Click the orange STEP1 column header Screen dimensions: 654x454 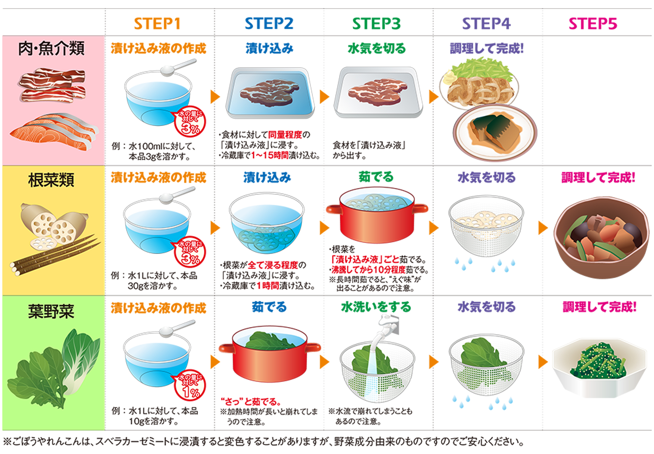pyautogui.click(x=157, y=24)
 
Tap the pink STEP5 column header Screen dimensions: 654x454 pyautogui.click(x=593, y=24)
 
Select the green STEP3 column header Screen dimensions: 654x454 pyautogui.click(x=376, y=24)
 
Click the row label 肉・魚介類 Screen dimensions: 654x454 pyautogui.click(x=51, y=48)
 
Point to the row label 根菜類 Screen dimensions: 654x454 pyautogui.click(x=51, y=180)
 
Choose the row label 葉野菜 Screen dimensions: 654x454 pyautogui.click(x=51, y=311)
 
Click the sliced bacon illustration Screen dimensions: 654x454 pyautogui.click(x=52, y=85)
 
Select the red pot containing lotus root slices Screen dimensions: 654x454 pyautogui.click(x=377, y=214)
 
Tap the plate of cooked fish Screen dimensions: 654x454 pyautogui.click(x=495, y=133)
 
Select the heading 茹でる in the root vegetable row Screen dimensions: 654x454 pyautogui.click(x=376, y=177)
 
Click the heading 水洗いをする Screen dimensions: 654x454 pyautogui.click(x=376, y=307)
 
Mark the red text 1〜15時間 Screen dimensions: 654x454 pyautogui.click(x=270, y=155)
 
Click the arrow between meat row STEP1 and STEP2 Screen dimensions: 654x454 pyautogui.click(x=215, y=97)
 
